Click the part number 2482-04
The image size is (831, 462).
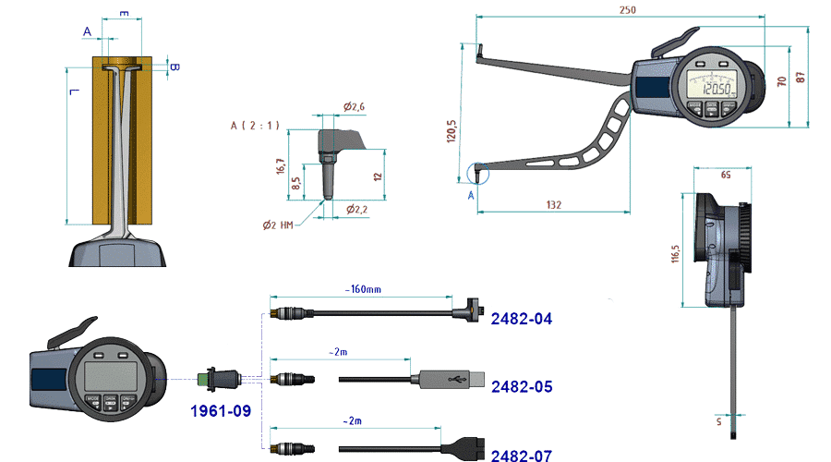click(522, 319)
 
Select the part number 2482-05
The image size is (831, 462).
click(522, 386)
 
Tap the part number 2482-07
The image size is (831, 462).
click(522, 455)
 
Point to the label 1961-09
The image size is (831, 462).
click(221, 410)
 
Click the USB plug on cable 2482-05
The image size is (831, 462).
click(449, 379)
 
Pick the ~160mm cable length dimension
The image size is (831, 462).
click(362, 289)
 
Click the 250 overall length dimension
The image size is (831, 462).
click(629, 10)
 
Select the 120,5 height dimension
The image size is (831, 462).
click(451, 132)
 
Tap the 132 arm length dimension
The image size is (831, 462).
click(553, 203)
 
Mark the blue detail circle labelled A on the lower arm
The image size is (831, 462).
click(476, 170)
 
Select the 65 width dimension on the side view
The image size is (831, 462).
click(725, 174)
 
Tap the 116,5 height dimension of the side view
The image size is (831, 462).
click(676, 252)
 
